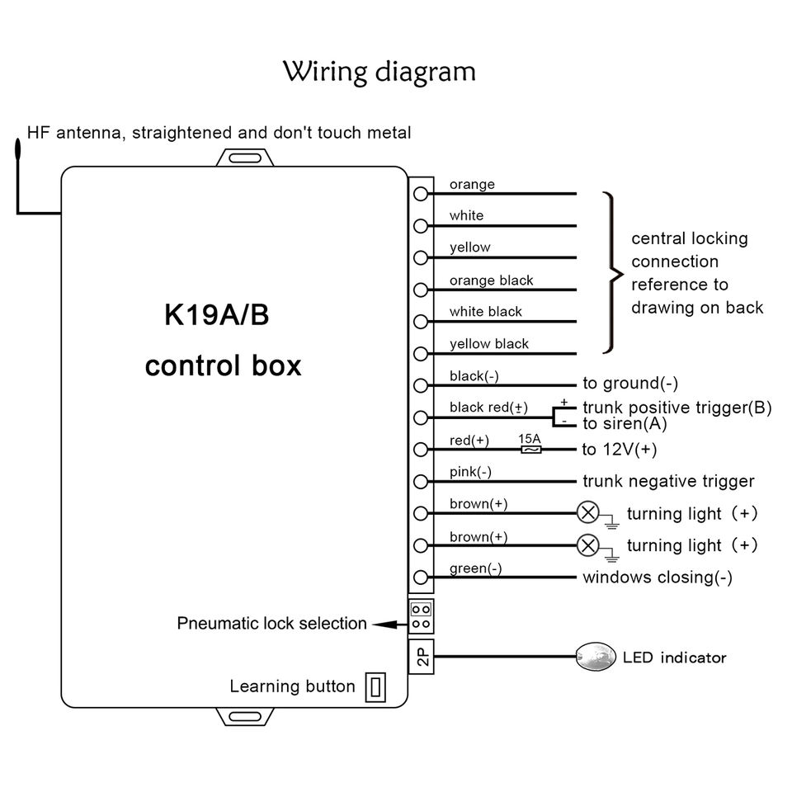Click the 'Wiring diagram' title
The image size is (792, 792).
[x=379, y=72]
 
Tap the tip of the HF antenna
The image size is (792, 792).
[x=18, y=140]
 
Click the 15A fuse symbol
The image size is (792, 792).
[x=530, y=450]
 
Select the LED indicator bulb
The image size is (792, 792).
[x=596, y=657]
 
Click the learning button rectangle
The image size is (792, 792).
[x=375, y=687]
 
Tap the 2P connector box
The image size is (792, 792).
[x=422, y=656]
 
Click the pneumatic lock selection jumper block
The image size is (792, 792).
[x=422, y=616]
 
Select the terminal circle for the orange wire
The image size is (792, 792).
[x=421, y=193]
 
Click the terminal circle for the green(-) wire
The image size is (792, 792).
[x=421, y=577]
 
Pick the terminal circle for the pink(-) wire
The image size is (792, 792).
[x=421, y=481]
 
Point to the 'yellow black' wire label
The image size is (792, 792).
[x=489, y=344]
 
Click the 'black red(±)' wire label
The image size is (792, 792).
[x=488, y=407]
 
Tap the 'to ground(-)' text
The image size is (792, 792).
[x=630, y=384]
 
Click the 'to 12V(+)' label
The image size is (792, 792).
[x=620, y=450]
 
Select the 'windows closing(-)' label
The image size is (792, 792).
[x=658, y=577]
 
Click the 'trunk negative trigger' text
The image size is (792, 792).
[x=668, y=481]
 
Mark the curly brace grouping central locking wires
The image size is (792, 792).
[x=613, y=273]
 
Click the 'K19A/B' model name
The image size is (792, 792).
[x=217, y=314]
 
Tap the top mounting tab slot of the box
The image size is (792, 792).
[x=245, y=158]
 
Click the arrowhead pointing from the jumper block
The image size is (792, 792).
[x=385, y=625]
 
